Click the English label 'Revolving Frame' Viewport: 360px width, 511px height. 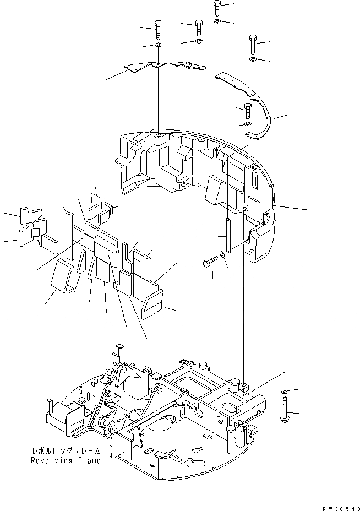point(66,461)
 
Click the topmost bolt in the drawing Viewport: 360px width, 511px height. point(216,8)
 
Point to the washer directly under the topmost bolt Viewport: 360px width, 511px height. point(217,21)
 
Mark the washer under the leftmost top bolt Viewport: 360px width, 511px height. point(158,45)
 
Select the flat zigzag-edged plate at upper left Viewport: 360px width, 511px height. point(160,67)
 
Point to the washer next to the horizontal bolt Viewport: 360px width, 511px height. point(222,254)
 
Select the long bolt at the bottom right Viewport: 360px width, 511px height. point(285,414)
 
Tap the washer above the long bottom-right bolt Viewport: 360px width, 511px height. point(285,392)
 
